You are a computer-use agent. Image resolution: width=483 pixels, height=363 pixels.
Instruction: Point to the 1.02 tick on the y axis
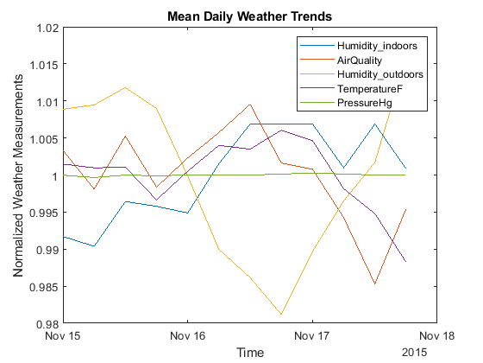pos(47,28)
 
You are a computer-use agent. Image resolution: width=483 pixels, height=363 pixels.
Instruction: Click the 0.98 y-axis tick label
pos(47,323)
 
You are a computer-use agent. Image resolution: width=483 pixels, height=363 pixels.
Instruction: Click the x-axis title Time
pos(250,353)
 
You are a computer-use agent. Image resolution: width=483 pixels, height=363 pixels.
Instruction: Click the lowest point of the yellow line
pos(282,315)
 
